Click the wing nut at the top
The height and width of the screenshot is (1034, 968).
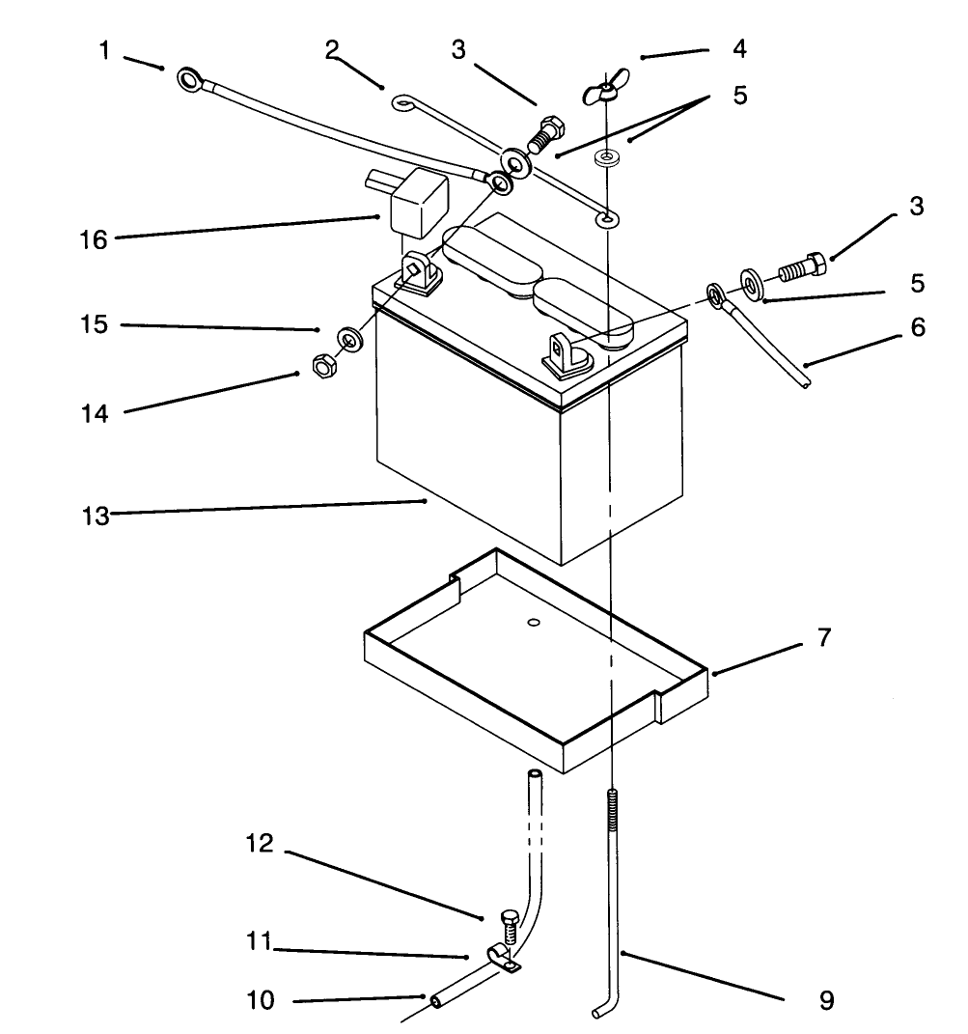(x=605, y=89)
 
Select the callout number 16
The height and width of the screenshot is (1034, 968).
(x=93, y=240)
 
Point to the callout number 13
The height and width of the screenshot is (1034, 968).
(x=95, y=516)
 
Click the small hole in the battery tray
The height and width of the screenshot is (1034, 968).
(x=534, y=623)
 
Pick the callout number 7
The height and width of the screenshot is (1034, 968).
(x=824, y=637)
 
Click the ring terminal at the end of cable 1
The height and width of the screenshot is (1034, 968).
(x=191, y=80)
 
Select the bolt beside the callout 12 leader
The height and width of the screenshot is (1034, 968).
(x=510, y=927)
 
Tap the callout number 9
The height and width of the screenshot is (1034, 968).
(x=827, y=1000)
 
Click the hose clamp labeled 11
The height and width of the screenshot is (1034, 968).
(x=504, y=958)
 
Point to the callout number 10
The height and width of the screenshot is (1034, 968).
(x=261, y=999)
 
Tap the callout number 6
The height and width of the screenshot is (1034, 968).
(x=918, y=327)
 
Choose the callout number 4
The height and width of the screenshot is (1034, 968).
(x=739, y=48)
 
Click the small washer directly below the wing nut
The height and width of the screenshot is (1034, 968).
(x=605, y=158)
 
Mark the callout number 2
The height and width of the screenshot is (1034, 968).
(x=332, y=48)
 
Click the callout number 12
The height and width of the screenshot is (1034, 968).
(x=260, y=843)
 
